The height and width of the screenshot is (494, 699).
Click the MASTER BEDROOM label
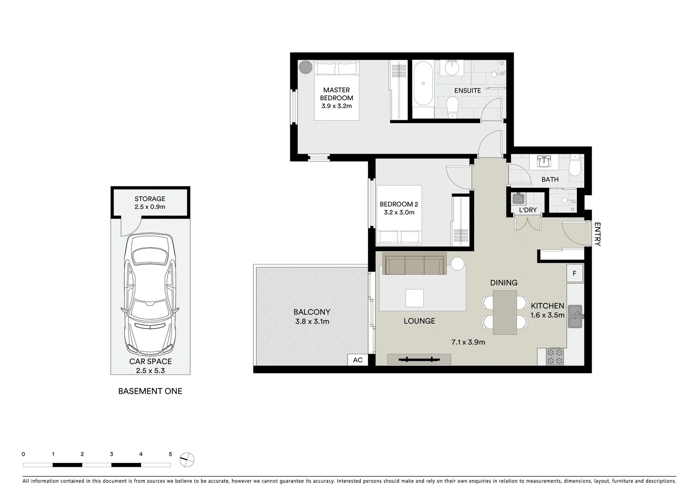[336, 94]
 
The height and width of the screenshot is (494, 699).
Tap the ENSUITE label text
[467, 91]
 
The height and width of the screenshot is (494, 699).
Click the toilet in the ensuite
[452, 108]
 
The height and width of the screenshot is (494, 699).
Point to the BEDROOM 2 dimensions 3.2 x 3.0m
[399, 212]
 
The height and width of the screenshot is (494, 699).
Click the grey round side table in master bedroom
[305, 67]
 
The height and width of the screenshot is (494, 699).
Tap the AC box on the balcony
[358, 360]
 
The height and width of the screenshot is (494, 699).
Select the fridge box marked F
[575, 274]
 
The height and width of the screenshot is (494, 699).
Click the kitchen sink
[575, 317]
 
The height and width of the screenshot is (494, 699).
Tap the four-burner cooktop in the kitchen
[555, 356]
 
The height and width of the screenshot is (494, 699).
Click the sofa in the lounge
[415, 265]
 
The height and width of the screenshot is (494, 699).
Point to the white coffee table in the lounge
[414, 298]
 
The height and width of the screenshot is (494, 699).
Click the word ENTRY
[597, 234]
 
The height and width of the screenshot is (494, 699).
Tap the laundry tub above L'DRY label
[518, 199]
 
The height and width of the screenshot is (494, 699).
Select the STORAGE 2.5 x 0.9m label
[150, 203]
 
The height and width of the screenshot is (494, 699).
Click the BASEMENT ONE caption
[150, 391]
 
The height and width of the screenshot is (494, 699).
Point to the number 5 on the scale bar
[171, 454]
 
